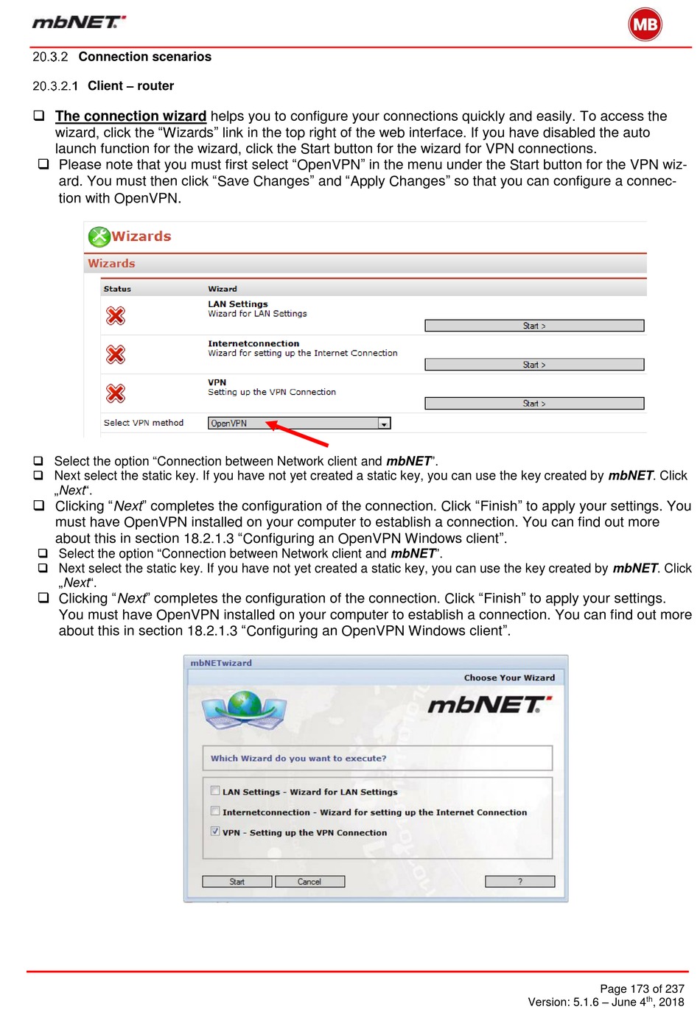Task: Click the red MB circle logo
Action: [x=645, y=24]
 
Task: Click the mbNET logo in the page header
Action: [x=79, y=22]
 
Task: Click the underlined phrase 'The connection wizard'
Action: [x=130, y=116]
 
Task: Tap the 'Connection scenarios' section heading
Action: [x=144, y=57]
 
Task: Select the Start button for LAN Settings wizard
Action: [x=534, y=326]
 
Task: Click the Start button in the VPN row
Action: [x=534, y=404]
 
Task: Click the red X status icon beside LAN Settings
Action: [x=116, y=316]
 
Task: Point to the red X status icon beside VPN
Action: [x=116, y=393]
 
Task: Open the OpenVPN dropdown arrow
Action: [x=384, y=424]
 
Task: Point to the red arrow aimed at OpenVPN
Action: [x=298, y=434]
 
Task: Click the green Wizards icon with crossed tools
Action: [x=99, y=236]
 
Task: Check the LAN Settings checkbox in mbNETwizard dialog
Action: [x=215, y=790]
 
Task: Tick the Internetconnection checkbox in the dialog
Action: [x=215, y=811]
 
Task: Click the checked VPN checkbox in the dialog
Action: [x=215, y=831]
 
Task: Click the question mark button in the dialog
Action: [x=519, y=882]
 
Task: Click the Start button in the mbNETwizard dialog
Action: [x=237, y=882]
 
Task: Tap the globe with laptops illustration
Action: [x=244, y=709]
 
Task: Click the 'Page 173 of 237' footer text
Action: [x=642, y=988]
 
